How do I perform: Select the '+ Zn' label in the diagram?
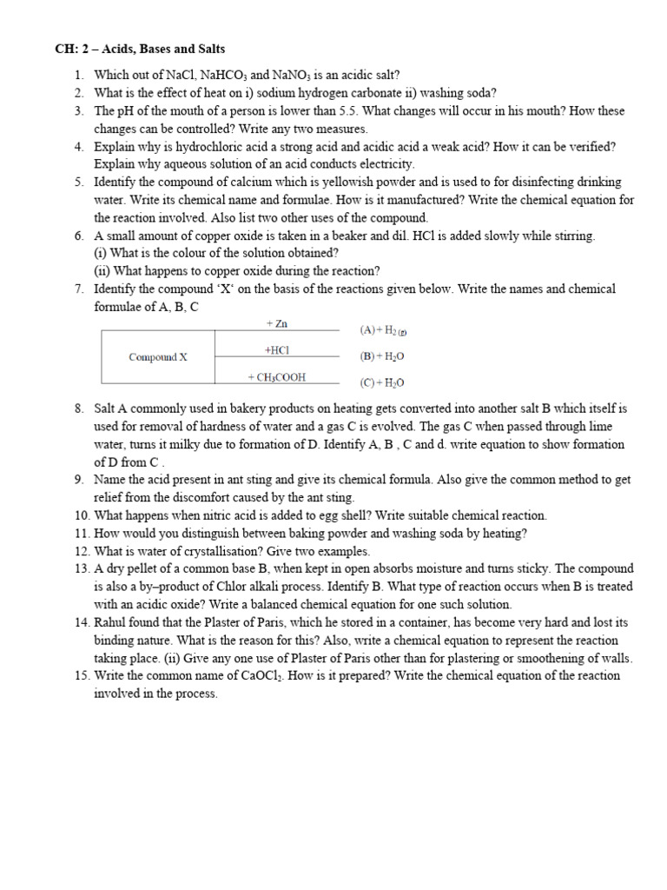pos(276,324)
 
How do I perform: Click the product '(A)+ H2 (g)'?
pos(383,330)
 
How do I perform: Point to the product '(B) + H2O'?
pos(381,356)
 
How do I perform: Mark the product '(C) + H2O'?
pos(381,382)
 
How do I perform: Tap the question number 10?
pos(81,515)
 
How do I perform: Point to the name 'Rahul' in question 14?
pos(111,623)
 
